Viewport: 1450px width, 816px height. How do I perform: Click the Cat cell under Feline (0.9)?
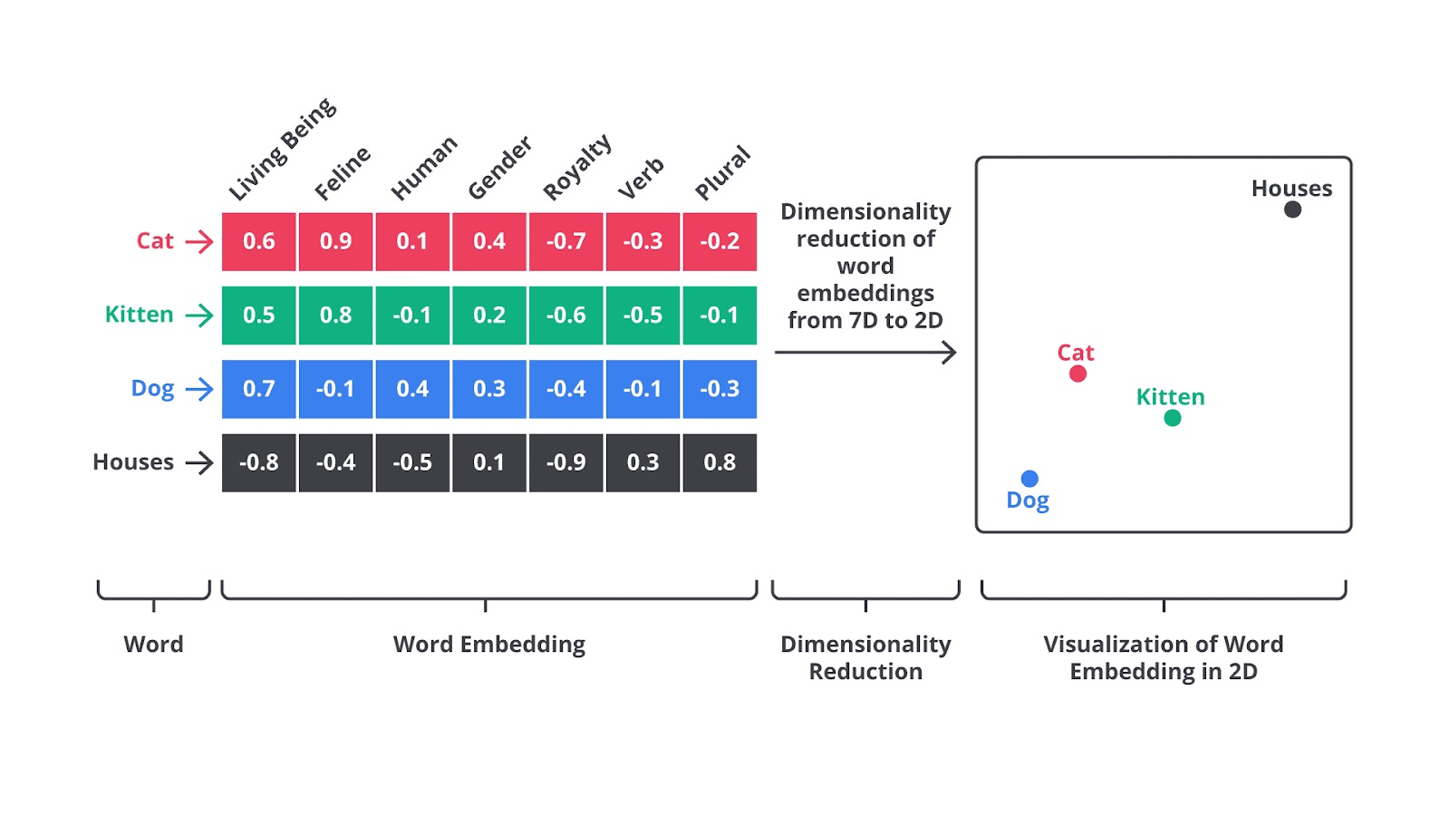click(x=335, y=241)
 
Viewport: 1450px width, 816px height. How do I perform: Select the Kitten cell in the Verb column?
click(x=643, y=316)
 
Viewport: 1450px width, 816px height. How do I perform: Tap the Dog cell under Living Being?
click(x=259, y=389)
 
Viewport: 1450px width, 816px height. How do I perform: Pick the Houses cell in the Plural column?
click(x=720, y=462)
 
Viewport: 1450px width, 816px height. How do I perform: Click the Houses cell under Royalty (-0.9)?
click(x=565, y=462)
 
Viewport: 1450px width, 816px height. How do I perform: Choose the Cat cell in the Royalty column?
click(x=565, y=241)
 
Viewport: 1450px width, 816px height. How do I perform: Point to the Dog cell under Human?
click(x=412, y=389)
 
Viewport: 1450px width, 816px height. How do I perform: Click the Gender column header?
click(x=499, y=168)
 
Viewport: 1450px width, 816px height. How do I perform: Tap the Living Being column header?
click(x=282, y=150)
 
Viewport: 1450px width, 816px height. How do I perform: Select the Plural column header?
click(x=722, y=172)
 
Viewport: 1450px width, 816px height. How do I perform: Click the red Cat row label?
click(x=155, y=241)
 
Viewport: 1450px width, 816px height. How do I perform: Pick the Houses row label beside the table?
click(x=133, y=462)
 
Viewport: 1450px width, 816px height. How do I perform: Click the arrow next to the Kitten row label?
click(x=199, y=316)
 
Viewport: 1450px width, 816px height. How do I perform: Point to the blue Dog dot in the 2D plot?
click(x=1029, y=479)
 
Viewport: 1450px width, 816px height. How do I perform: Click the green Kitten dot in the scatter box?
click(x=1173, y=418)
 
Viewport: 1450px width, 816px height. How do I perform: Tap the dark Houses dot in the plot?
click(x=1293, y=209)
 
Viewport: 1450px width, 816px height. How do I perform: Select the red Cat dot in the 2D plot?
click(x=1078, y=374)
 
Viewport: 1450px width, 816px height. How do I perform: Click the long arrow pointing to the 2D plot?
click(x=865, y=353)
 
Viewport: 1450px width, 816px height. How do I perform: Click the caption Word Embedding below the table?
click(x=489, y=645)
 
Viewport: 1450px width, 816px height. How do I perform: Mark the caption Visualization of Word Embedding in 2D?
click(x=1164, y=657)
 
